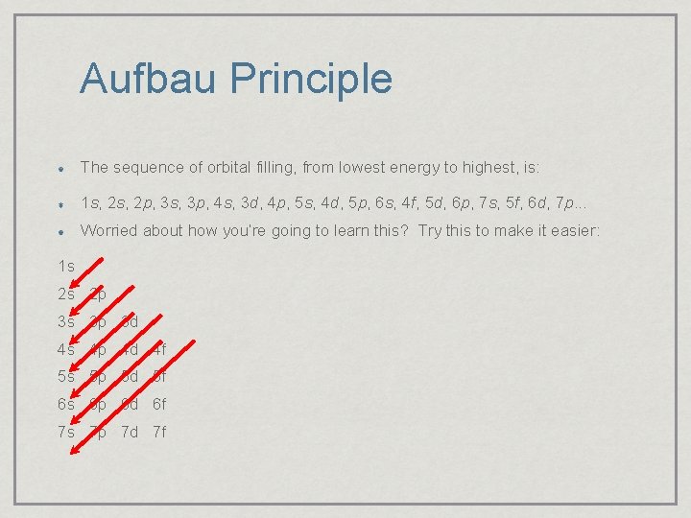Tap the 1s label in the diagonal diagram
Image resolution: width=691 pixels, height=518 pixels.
point(66,266)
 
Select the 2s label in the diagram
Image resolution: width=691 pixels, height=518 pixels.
point(66,294)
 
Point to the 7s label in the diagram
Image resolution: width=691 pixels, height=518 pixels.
point(66,432)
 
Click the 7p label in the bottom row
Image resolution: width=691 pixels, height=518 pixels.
point(98,432)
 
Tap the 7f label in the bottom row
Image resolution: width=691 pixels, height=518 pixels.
point(157,432)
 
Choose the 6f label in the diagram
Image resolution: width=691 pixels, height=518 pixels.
point(157,404)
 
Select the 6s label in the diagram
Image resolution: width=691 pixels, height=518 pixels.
point(66,404)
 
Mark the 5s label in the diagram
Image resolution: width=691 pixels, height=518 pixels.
point(66,377)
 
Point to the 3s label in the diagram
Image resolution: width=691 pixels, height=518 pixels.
point(66,321)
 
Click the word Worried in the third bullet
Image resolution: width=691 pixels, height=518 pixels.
point(109,230)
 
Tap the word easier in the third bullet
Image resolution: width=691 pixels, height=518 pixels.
point(575,230)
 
